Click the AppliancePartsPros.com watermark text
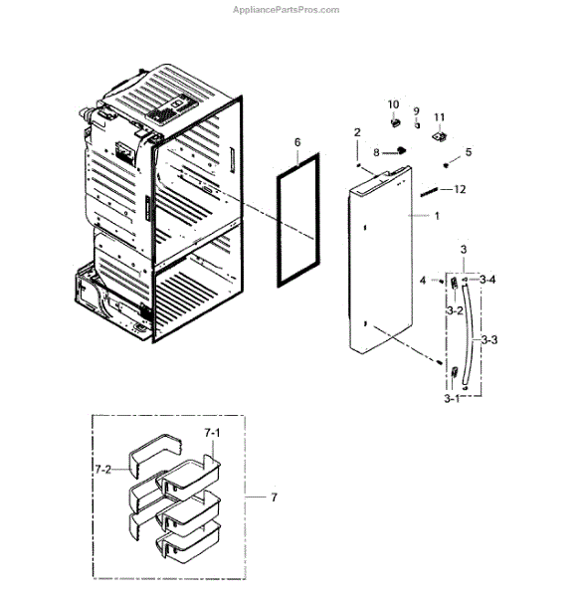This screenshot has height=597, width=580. coord(286,10)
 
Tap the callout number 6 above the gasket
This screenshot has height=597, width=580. coord(297,142)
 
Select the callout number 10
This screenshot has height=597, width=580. coord(393,104)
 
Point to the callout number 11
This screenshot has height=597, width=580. coord(440,117)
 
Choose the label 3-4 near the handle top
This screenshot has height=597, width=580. coord(487,280)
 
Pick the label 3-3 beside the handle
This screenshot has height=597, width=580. coord(489,339)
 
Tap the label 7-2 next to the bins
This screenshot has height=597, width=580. coord(102,470)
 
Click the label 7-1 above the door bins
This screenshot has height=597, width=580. coord(212,433)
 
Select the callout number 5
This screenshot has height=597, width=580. coord(469,152)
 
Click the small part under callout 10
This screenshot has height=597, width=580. coord(396,122)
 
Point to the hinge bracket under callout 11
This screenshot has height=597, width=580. coord(440,136)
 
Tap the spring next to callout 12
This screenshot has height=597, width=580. coord(430,193)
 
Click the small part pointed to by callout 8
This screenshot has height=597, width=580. coord(401,150)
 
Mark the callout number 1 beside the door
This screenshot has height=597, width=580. coord(437,216)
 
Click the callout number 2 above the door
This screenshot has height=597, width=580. coord(357,132)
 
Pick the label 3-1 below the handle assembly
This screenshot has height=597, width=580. coord(452,399)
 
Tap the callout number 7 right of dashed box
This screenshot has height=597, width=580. coord(274,497)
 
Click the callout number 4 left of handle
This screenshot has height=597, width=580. coord(423,281)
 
